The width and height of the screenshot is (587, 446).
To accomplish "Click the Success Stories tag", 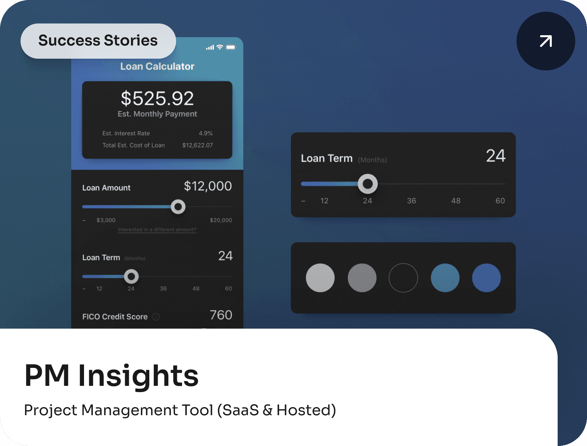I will click(x=98, y=41).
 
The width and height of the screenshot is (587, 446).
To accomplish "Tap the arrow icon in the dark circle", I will click(x=546, y=41).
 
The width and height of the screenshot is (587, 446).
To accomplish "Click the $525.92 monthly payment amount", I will click(x=157, y=99).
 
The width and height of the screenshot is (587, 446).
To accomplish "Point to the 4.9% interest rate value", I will click(x=205, y=133).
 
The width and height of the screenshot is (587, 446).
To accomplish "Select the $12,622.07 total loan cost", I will click(x=197, y=145).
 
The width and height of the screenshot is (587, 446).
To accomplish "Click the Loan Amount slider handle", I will click(x=178, y=207).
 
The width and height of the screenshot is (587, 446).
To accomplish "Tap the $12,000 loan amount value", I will click(x=208, y=186).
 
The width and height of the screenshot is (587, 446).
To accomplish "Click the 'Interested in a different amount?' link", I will click(x=157, y=230).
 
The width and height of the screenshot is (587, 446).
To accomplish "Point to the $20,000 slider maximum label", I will click(x=221, y=220).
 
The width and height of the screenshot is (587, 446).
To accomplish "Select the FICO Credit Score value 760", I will click(x=221, y=315).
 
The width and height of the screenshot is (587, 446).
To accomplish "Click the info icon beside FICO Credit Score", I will click(x=156, y=317).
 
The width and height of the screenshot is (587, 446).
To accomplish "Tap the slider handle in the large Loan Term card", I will click(x=368, y=184).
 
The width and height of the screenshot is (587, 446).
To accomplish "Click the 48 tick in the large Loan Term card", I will click(x=456, y=201).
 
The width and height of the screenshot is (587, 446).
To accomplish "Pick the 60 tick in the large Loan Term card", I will click(x=500, y=201).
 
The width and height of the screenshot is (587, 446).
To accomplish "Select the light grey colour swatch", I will click(x=320, y=278).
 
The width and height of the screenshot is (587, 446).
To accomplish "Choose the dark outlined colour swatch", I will click(x=403, y=278).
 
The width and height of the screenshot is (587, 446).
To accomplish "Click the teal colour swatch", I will click(x=445, y=278).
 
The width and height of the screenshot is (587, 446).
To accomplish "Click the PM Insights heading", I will click(x=112, y=375).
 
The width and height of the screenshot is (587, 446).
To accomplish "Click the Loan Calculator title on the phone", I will click(x=157, y=66).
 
